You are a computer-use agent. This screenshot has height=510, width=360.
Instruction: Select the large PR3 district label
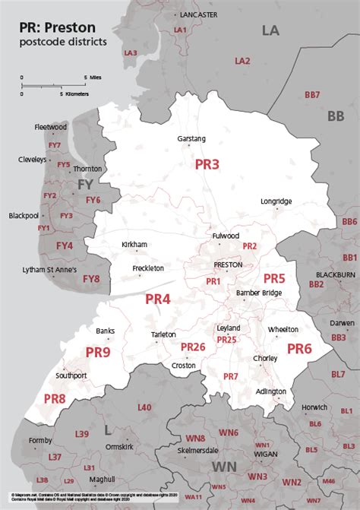tap(207, 164)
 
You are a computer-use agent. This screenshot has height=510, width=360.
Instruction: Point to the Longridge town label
tap(276, 201)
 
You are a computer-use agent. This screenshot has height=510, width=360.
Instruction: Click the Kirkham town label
tap(134, 245)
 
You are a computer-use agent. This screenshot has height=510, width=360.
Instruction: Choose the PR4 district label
tap(158, 299)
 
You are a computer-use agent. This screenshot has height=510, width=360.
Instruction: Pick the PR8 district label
tap(55, 398)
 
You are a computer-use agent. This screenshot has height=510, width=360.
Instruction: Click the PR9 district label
tap(98, 352)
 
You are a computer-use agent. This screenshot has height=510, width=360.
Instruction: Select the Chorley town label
tap(286, 358)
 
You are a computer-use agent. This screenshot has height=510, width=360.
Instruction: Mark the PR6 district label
tap(298, 349)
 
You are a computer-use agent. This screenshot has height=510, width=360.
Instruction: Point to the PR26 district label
tap(193, 347)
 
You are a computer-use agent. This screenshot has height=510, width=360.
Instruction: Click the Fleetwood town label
tap(51, 127)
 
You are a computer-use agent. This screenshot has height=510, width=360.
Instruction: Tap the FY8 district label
tap(91, 279)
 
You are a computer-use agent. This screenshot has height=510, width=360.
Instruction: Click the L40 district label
tap(144, 408)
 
